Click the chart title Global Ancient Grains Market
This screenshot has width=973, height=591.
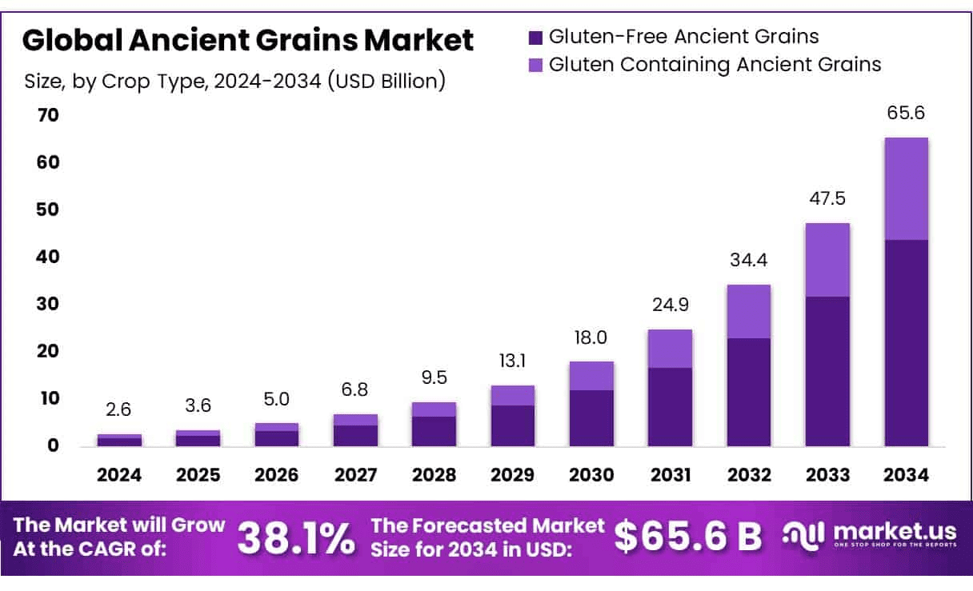pos(248,40)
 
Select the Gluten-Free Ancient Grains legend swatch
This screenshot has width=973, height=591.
pos(536,37)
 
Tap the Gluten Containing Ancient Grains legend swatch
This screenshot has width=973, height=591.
pos(536,65)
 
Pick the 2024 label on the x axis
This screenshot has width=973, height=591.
pos(119,475)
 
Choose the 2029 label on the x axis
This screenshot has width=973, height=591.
pos(513,475)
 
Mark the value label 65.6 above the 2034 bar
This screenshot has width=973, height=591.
pos(906,114)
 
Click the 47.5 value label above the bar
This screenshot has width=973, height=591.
pos(827,198)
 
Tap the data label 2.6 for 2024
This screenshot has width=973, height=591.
pos(119,410)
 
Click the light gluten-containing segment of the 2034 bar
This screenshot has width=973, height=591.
pos(906,189)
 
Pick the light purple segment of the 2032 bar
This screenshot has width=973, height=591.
pos(749,311)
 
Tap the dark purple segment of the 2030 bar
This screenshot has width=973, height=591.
pos(591,417)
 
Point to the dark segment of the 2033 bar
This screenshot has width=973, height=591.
pos(827,371)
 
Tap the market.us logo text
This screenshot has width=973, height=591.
pos(895,531)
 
